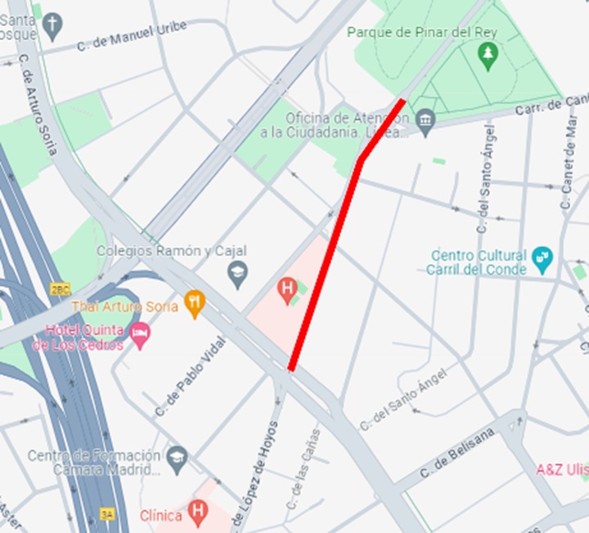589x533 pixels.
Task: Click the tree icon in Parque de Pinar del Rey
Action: [x=488, y=55]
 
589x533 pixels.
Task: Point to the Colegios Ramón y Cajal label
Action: [x=171, y=251]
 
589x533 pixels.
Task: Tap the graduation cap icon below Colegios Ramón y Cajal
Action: [x=238, y=275]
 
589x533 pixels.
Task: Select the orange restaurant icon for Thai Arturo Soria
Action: [x=194, y=305]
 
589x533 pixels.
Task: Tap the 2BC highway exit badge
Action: [x=61, y=289]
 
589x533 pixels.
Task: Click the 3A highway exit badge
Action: [x=106, y=514]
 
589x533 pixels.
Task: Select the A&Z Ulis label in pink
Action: [x=562, y=469]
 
